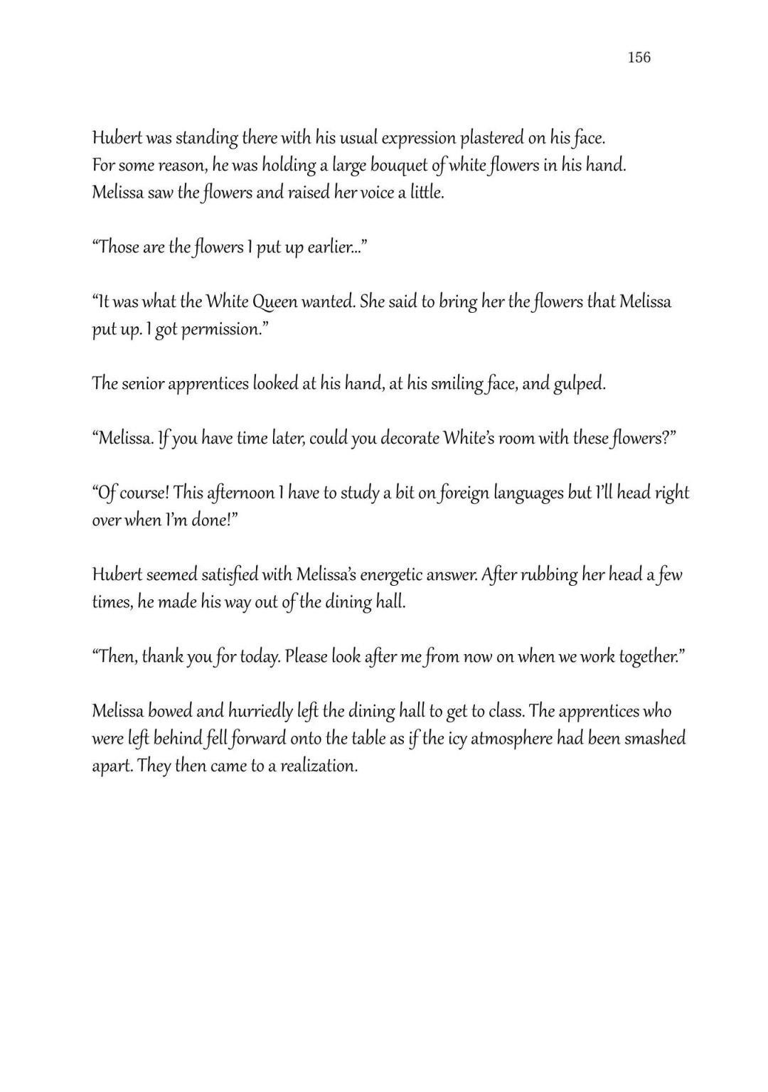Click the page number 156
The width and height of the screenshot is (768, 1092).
pos(639,58)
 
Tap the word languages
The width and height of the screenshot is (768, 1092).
pos(516,493)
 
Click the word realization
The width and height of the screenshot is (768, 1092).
pos(317,766)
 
